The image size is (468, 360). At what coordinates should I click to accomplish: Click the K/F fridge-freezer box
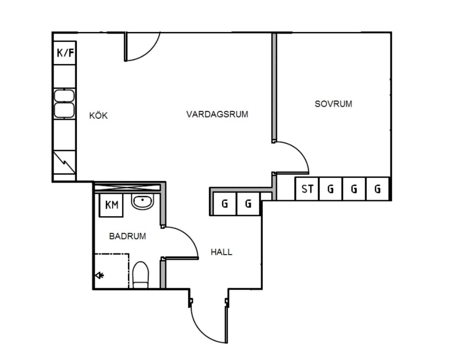pos(64,53)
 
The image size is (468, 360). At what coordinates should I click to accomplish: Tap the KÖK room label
pos(98,116)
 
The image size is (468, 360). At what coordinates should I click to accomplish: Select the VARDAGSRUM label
pos(217,114)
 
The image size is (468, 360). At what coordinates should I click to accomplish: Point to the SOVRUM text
pos(333,104)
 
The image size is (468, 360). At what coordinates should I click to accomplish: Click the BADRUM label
pos(128,236)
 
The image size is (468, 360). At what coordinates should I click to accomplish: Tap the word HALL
pos(221,252)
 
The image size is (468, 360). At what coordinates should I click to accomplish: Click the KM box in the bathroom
pos(111,205)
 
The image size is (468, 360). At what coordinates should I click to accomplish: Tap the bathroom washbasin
pos(143,201)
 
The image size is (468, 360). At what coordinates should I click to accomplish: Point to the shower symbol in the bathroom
pos(99,275)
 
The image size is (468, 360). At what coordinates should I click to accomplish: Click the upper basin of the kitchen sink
pos(64,96)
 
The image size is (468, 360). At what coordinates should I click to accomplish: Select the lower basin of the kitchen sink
pos(64,110)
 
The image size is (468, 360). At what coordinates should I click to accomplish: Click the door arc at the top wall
pos(151,51)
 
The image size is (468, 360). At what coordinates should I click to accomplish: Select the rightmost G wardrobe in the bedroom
pos(378,189)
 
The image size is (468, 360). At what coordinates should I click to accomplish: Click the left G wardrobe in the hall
pos(225,204)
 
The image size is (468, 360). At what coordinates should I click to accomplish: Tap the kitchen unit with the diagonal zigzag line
pos(64,162)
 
